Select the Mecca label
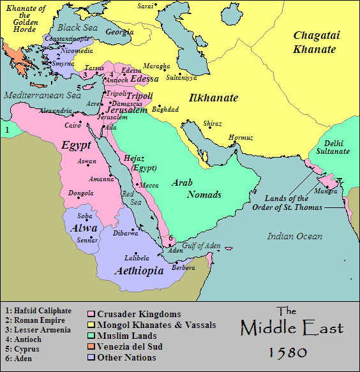(149, 185)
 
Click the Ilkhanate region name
(213, 98)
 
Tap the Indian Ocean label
(294, 236)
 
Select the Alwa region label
(84, 228)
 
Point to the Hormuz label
(241, 137)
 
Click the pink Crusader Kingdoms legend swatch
(91, 315)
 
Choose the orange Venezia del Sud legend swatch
(91, 346)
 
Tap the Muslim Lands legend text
(126, 336)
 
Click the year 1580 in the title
(287, 352)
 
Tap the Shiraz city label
(213, 123)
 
